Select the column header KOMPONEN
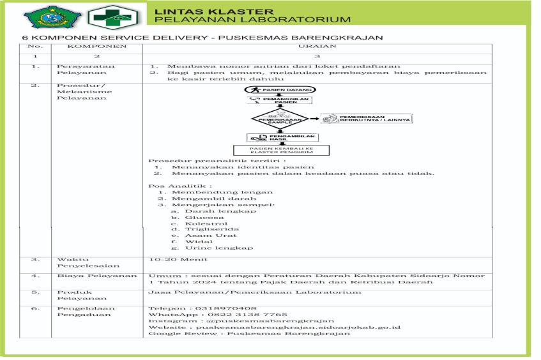coord(93,47)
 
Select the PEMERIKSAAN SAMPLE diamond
coord(280,119)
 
